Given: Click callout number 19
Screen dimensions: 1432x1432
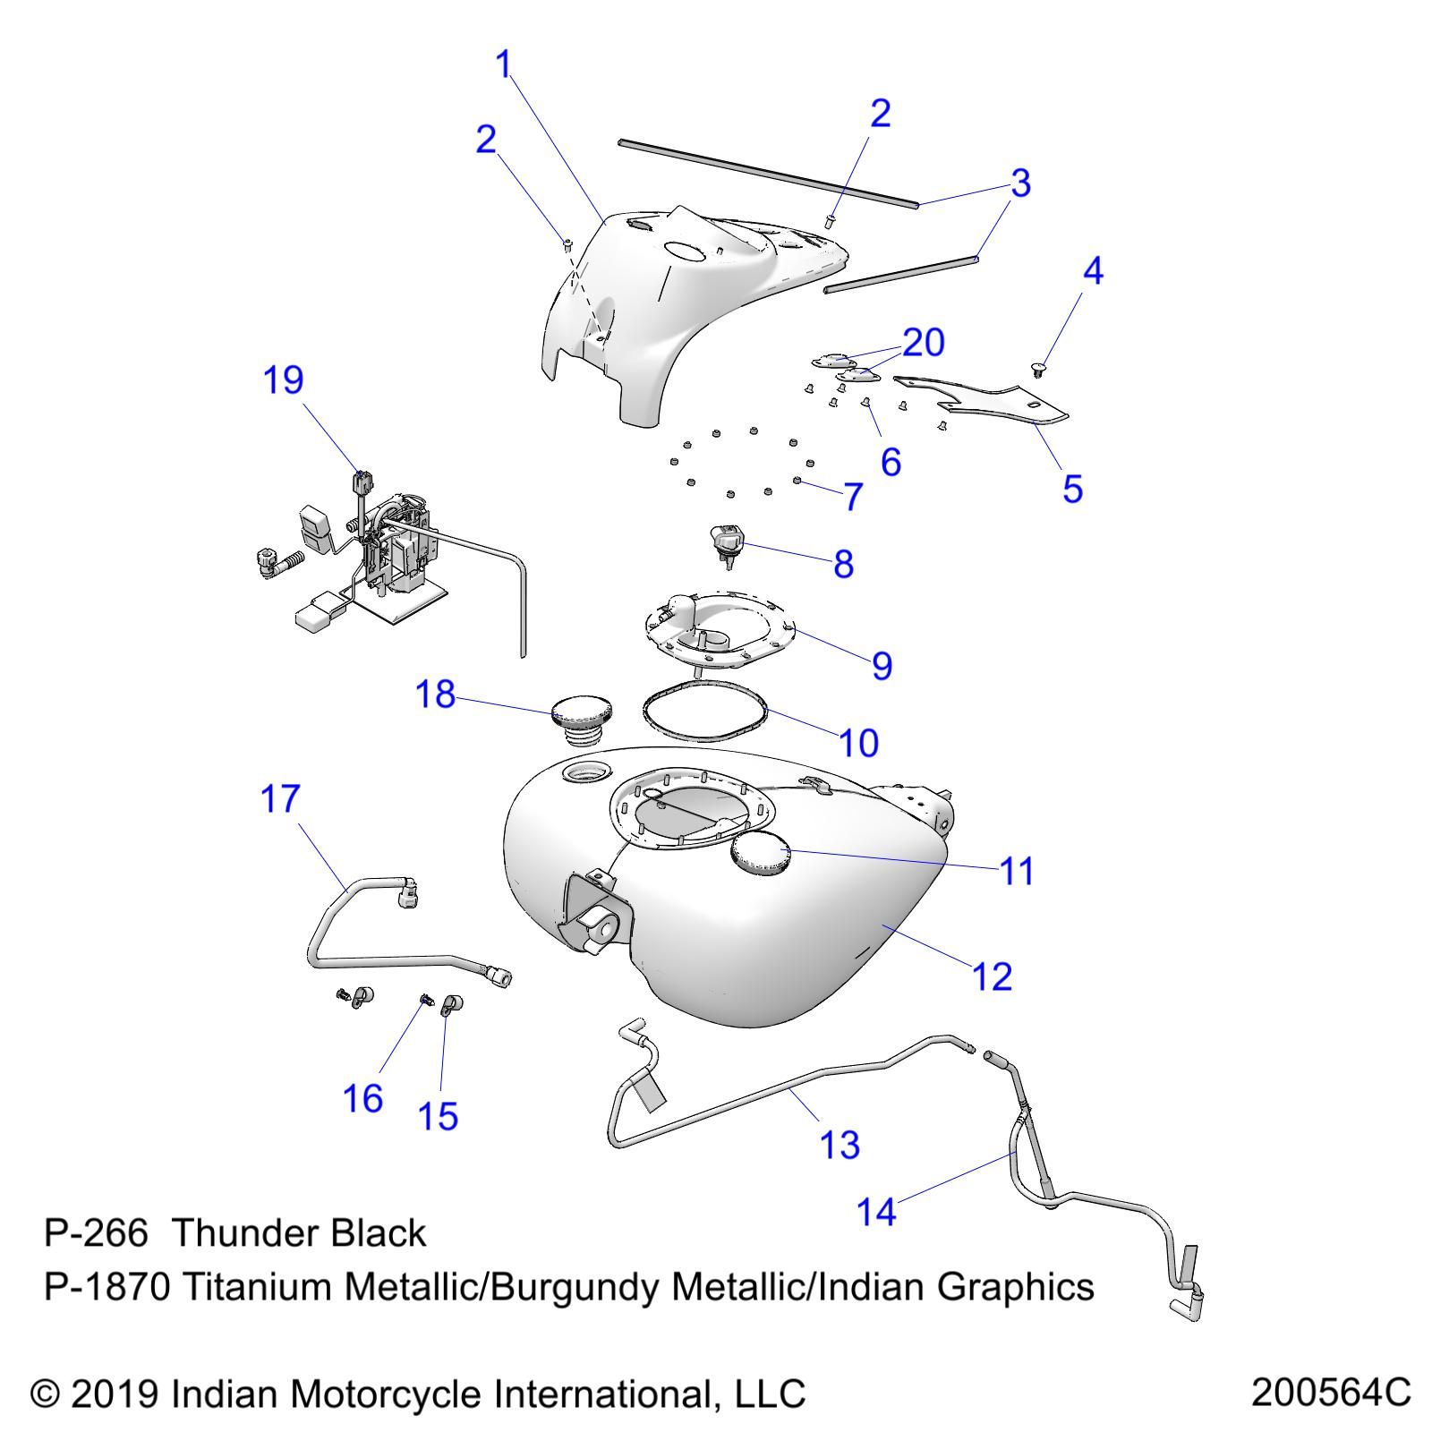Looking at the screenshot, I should click(283, 380).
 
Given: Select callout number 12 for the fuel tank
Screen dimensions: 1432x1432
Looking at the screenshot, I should click(992, 976).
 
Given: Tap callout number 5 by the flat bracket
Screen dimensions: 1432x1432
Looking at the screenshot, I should click(1072, 489).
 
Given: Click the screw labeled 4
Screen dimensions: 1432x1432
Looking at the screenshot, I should click(1038, 367).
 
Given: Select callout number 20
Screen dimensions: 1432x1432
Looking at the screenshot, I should click(923, 343).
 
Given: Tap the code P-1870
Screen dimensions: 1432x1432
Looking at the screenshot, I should click(106, 1287).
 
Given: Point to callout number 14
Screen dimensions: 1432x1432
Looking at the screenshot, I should click(876, 1212).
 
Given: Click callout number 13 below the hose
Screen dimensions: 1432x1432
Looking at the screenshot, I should click(840, 1145).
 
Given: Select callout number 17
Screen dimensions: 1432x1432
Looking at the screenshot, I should click(280, 798).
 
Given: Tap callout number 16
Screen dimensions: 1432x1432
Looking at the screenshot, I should click(362, 1099).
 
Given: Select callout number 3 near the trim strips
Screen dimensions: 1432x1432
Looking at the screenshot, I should click(1020, 183).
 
